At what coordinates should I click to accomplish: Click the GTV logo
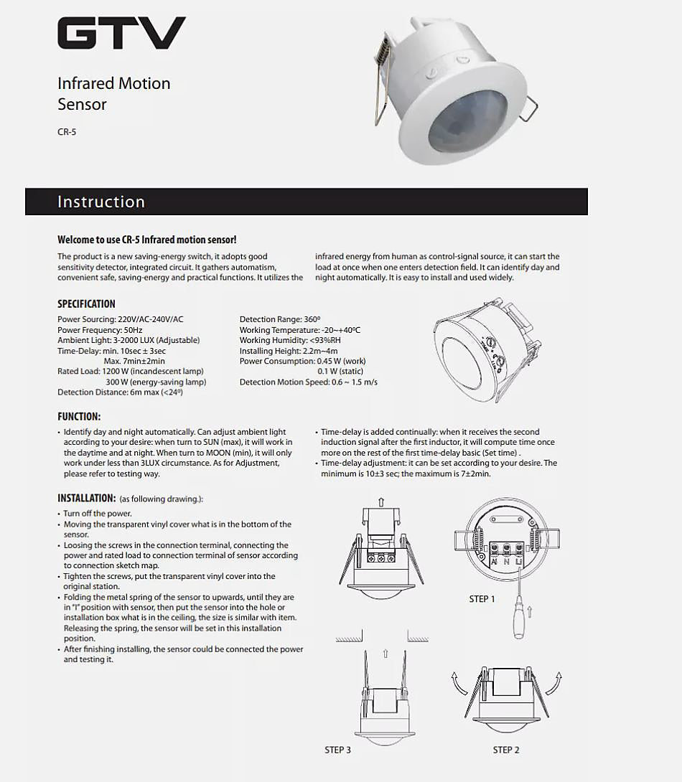click(x=121, y=34)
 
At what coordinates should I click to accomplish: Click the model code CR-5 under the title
click(x=67, y=132)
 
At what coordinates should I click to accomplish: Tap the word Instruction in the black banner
click(x=101, y=202)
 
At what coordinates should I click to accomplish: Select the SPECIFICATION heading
click(x=86, y=303)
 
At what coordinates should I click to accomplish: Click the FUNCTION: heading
click(x=79, y=416)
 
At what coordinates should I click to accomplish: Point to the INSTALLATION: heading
click(x=87, y=498)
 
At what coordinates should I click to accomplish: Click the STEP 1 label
click(x=482, y=598)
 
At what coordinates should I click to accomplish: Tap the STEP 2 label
click(x=506, y=750)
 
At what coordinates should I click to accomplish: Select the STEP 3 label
click(x=337, y=750)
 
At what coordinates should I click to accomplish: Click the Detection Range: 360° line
click(x=280, y=319)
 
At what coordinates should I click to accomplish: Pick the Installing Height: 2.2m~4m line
click(x=289, y=351)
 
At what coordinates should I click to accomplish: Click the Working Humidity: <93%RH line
click(x=291, y=340)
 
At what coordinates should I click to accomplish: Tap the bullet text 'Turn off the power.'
click(x=98, y=514)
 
